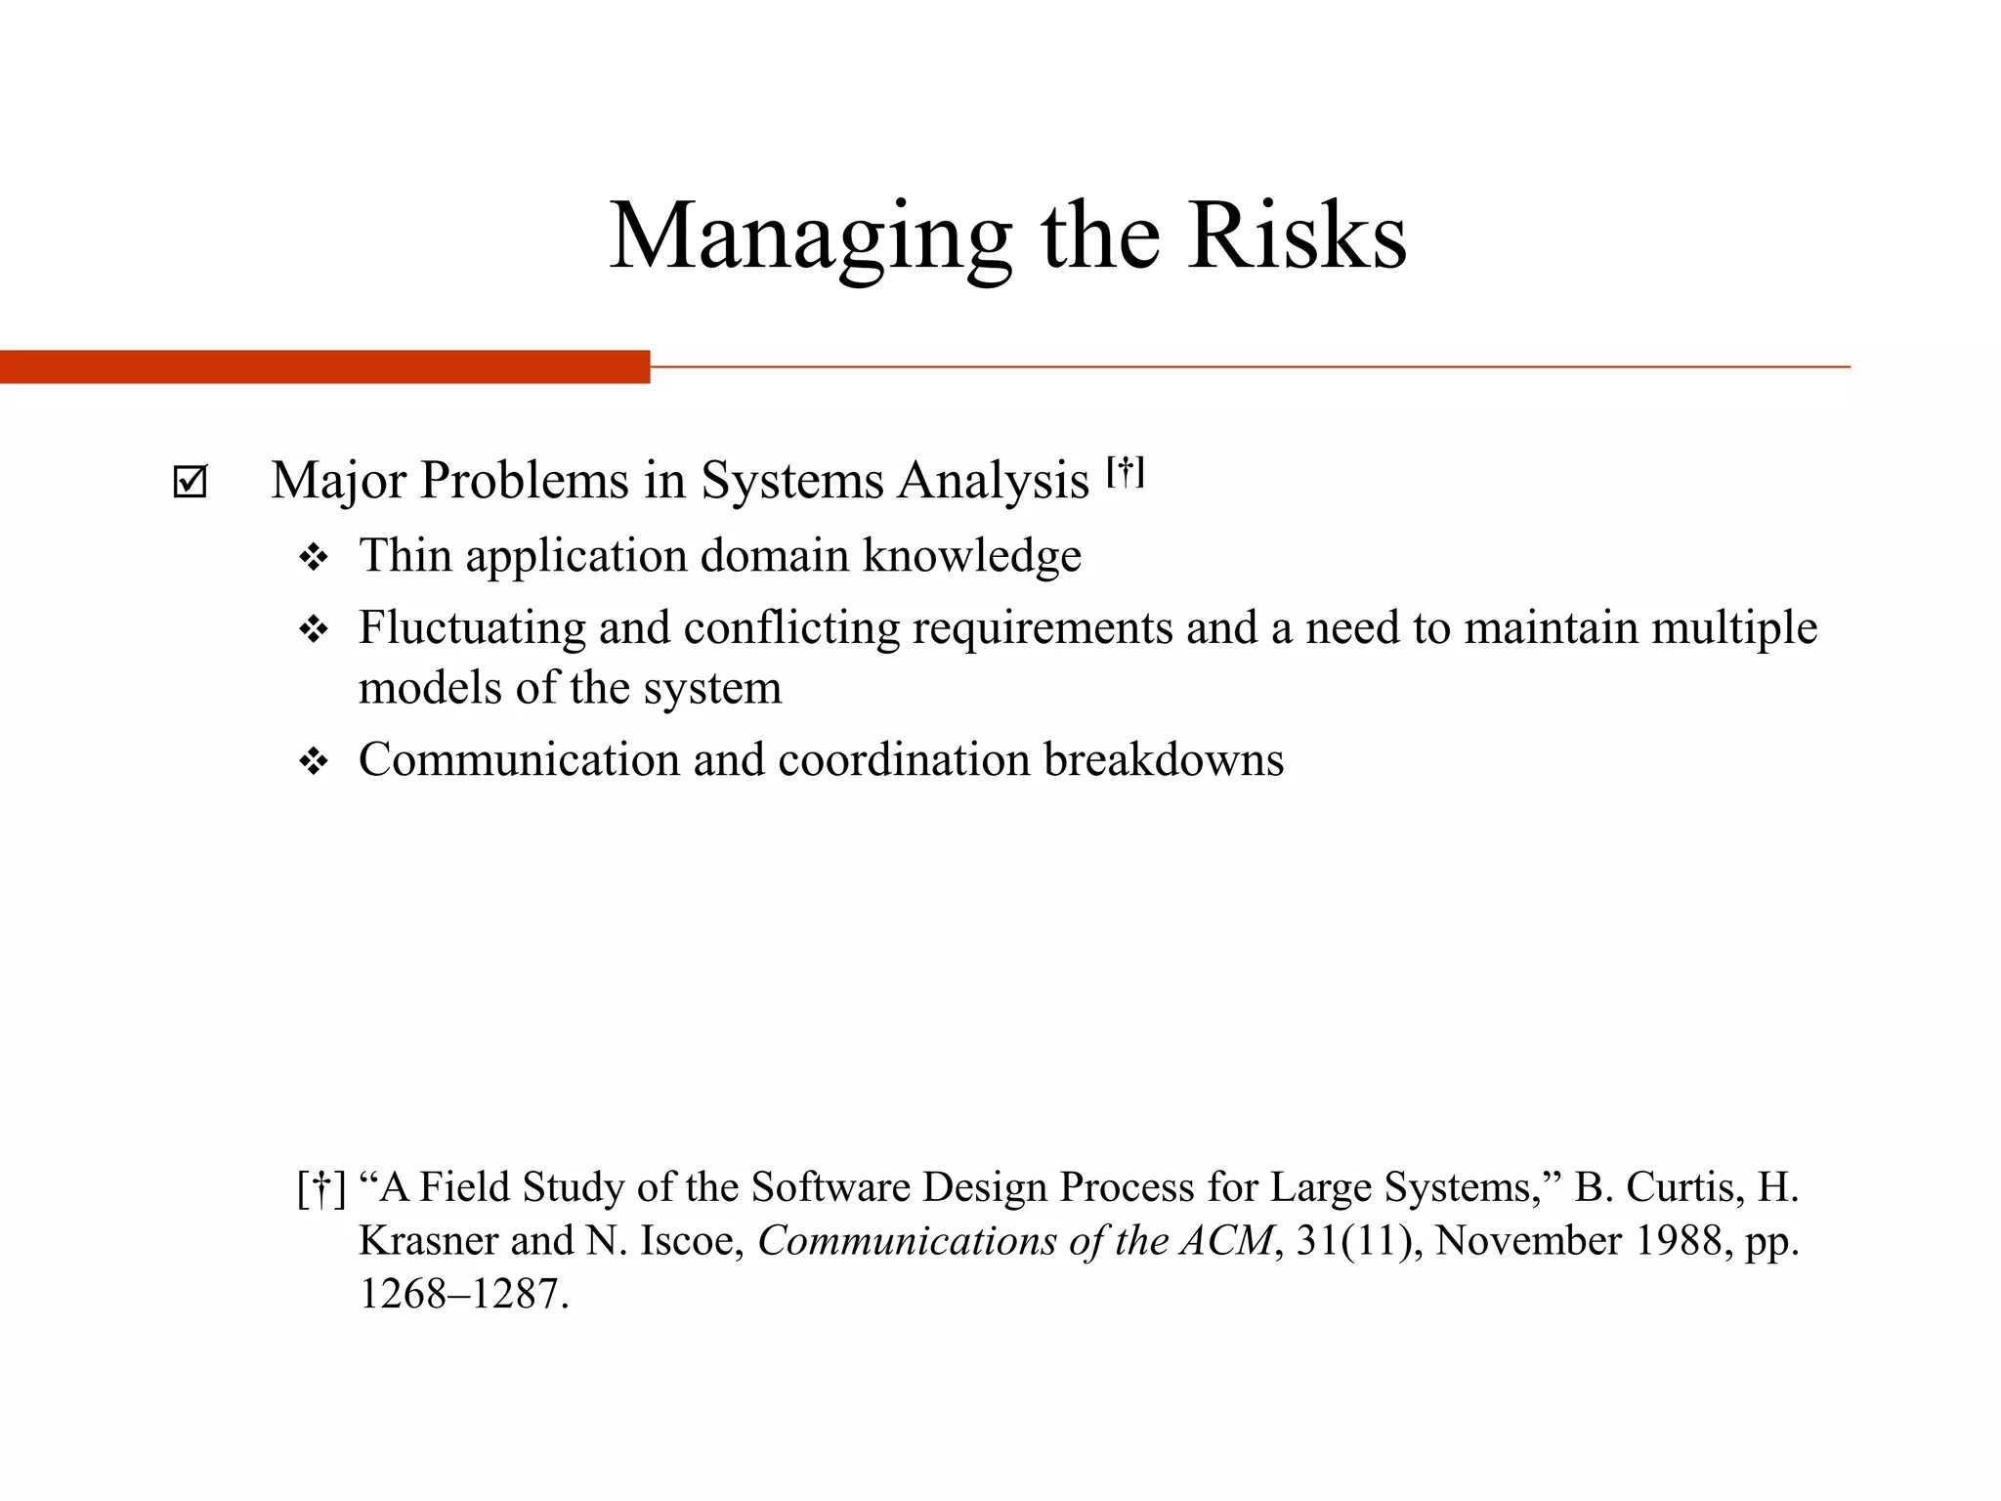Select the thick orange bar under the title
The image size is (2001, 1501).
[x=324, y=366]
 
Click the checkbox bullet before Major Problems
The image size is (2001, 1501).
[x=190, y=482]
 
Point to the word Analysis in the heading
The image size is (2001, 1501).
[x=995, y=481]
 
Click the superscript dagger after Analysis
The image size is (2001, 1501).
[x=1126, y=472]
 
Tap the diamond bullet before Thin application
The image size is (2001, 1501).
[x=314, y=558]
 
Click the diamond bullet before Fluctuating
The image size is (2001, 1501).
[x=314, y=629]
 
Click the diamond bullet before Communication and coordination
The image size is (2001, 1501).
[x=314, y=761]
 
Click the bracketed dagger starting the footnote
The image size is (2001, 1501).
[x=321, y=1188]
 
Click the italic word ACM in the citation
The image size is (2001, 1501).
[x=1227, y=1240]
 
